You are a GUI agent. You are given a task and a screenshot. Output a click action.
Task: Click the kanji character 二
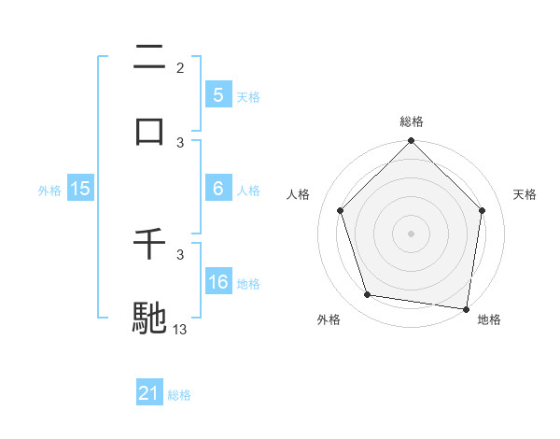tap(150, 58)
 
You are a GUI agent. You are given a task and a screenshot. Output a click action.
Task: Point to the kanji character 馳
tap(150, 317)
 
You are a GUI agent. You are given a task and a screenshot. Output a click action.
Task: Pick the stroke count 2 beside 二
tap(180, 68)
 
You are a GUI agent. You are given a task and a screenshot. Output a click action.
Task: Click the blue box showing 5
tap(217, 94)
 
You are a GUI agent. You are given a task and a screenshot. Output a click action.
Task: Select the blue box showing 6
tap(217, 189)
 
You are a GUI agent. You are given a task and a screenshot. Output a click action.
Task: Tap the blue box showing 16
tap(217, 282)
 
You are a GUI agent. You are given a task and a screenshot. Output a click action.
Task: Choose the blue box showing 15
tap(80, 189)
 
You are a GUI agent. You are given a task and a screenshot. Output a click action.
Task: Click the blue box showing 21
tap(148, 394)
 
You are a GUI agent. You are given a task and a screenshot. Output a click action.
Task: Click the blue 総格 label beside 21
tap(179, 395)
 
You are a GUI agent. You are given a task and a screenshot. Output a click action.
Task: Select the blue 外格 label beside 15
tap(49, 190)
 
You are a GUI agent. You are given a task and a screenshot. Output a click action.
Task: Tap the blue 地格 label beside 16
tap(248, 283)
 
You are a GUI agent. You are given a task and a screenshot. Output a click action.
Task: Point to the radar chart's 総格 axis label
tap(412, 121)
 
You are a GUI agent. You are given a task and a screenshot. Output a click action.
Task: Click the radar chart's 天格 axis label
tap(525, 194)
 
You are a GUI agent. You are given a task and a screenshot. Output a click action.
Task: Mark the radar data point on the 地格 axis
tap(467, 308)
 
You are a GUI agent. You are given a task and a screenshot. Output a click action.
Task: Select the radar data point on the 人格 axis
tap(341, 210)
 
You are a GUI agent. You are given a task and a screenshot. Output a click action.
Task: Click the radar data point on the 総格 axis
tap(411, 143)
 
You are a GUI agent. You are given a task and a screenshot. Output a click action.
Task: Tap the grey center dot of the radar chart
tap(411, 233)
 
